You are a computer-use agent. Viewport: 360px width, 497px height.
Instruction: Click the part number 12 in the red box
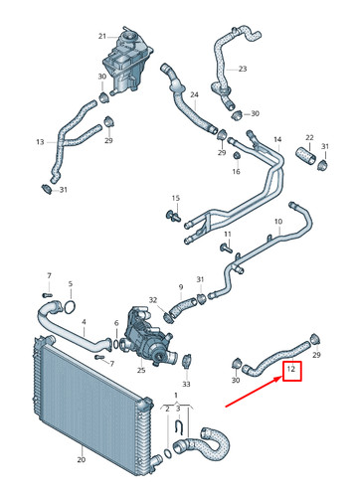tap(292, 373)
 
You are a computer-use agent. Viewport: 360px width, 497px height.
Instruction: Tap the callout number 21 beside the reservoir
tap(101, 37)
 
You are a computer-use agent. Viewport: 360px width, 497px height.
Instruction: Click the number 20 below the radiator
tap(80, 460)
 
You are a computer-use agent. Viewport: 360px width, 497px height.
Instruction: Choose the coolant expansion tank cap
tap(128, 38)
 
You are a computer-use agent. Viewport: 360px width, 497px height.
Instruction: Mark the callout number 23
tap(241, 69)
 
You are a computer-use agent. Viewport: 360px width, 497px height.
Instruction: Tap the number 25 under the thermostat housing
tap(141, 371)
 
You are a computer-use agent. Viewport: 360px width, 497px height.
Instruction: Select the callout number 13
tap(41, 142)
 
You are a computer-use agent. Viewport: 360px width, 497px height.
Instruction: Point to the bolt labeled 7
tap(48, 294)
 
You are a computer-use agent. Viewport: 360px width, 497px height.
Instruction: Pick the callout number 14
tap(277, 139)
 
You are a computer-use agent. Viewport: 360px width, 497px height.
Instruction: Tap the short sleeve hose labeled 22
tap(305, 156)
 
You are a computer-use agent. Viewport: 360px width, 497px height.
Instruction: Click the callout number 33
tap(186, 384)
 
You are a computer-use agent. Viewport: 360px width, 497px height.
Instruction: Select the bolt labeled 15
tap(172, 214)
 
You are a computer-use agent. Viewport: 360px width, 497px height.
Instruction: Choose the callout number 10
tap(277, 222)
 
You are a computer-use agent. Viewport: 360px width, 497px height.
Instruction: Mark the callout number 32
tap(152, 300)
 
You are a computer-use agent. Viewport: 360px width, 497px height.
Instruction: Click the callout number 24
tap(195, 95)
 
